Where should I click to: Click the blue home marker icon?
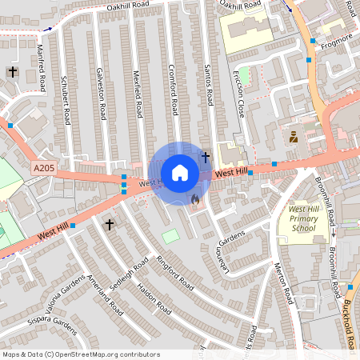coord(180,172)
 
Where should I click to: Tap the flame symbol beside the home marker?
coord(194,200)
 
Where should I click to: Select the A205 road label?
coord(43,168)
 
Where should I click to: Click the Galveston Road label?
coord(101,92)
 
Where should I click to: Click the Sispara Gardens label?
coord(47,326)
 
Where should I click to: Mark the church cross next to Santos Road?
coord(205,157)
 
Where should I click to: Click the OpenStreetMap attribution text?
coord(81,354)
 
